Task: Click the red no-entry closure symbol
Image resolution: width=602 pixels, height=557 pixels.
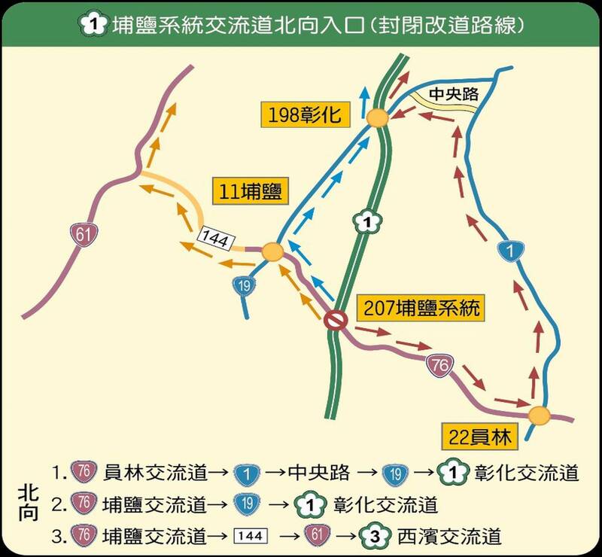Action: coord(335,321)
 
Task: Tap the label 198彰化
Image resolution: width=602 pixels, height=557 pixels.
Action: coord(301,115)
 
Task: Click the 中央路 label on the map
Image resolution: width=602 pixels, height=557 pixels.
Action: coord(454,95)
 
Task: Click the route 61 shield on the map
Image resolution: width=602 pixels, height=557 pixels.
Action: coord(83,234)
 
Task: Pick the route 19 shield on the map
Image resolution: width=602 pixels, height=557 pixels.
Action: coord(243,285)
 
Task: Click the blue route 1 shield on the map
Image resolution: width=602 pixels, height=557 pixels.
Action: coord(512,251)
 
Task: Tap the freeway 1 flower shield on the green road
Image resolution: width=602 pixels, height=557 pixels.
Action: coord(365,221)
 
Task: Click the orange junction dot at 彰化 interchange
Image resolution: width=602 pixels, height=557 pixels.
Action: coord(378,118)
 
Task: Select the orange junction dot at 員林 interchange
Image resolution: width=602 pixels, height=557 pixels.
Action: coord(539,415)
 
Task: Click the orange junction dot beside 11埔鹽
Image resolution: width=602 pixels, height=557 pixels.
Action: coord(272,253)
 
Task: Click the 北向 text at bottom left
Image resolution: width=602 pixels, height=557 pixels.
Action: coord(29,504)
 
